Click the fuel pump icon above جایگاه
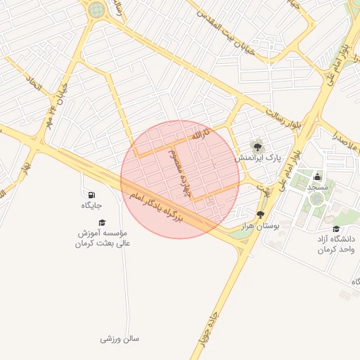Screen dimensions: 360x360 92,194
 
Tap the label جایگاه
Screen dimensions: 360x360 92,205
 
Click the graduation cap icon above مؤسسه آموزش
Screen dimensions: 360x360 103,222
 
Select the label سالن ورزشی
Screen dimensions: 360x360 120,339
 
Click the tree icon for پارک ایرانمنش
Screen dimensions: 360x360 258,147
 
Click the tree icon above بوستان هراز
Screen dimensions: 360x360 261,214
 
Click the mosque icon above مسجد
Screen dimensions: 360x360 317,176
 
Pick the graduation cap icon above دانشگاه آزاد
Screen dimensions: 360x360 336,229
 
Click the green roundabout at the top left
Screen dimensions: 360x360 96,10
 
